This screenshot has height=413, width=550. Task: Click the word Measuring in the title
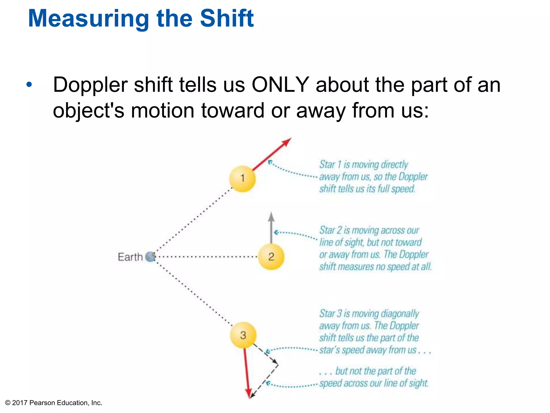[88, 19]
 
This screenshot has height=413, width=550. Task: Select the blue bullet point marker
[29, 85]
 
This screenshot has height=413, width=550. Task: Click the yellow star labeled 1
[242, 179]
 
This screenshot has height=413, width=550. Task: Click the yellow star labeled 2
[271, 257]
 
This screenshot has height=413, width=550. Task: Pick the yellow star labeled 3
[243, 335]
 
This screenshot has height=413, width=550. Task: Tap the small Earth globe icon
[150, 257]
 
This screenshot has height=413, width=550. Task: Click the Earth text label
[130, 257]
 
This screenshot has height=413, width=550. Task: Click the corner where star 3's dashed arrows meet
[278, 365]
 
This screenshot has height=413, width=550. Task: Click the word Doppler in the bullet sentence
[91, 85]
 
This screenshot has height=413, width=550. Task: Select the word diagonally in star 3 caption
[400, 314]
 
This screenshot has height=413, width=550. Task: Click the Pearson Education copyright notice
[54, 403]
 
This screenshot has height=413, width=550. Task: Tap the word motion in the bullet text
[162, 111]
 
